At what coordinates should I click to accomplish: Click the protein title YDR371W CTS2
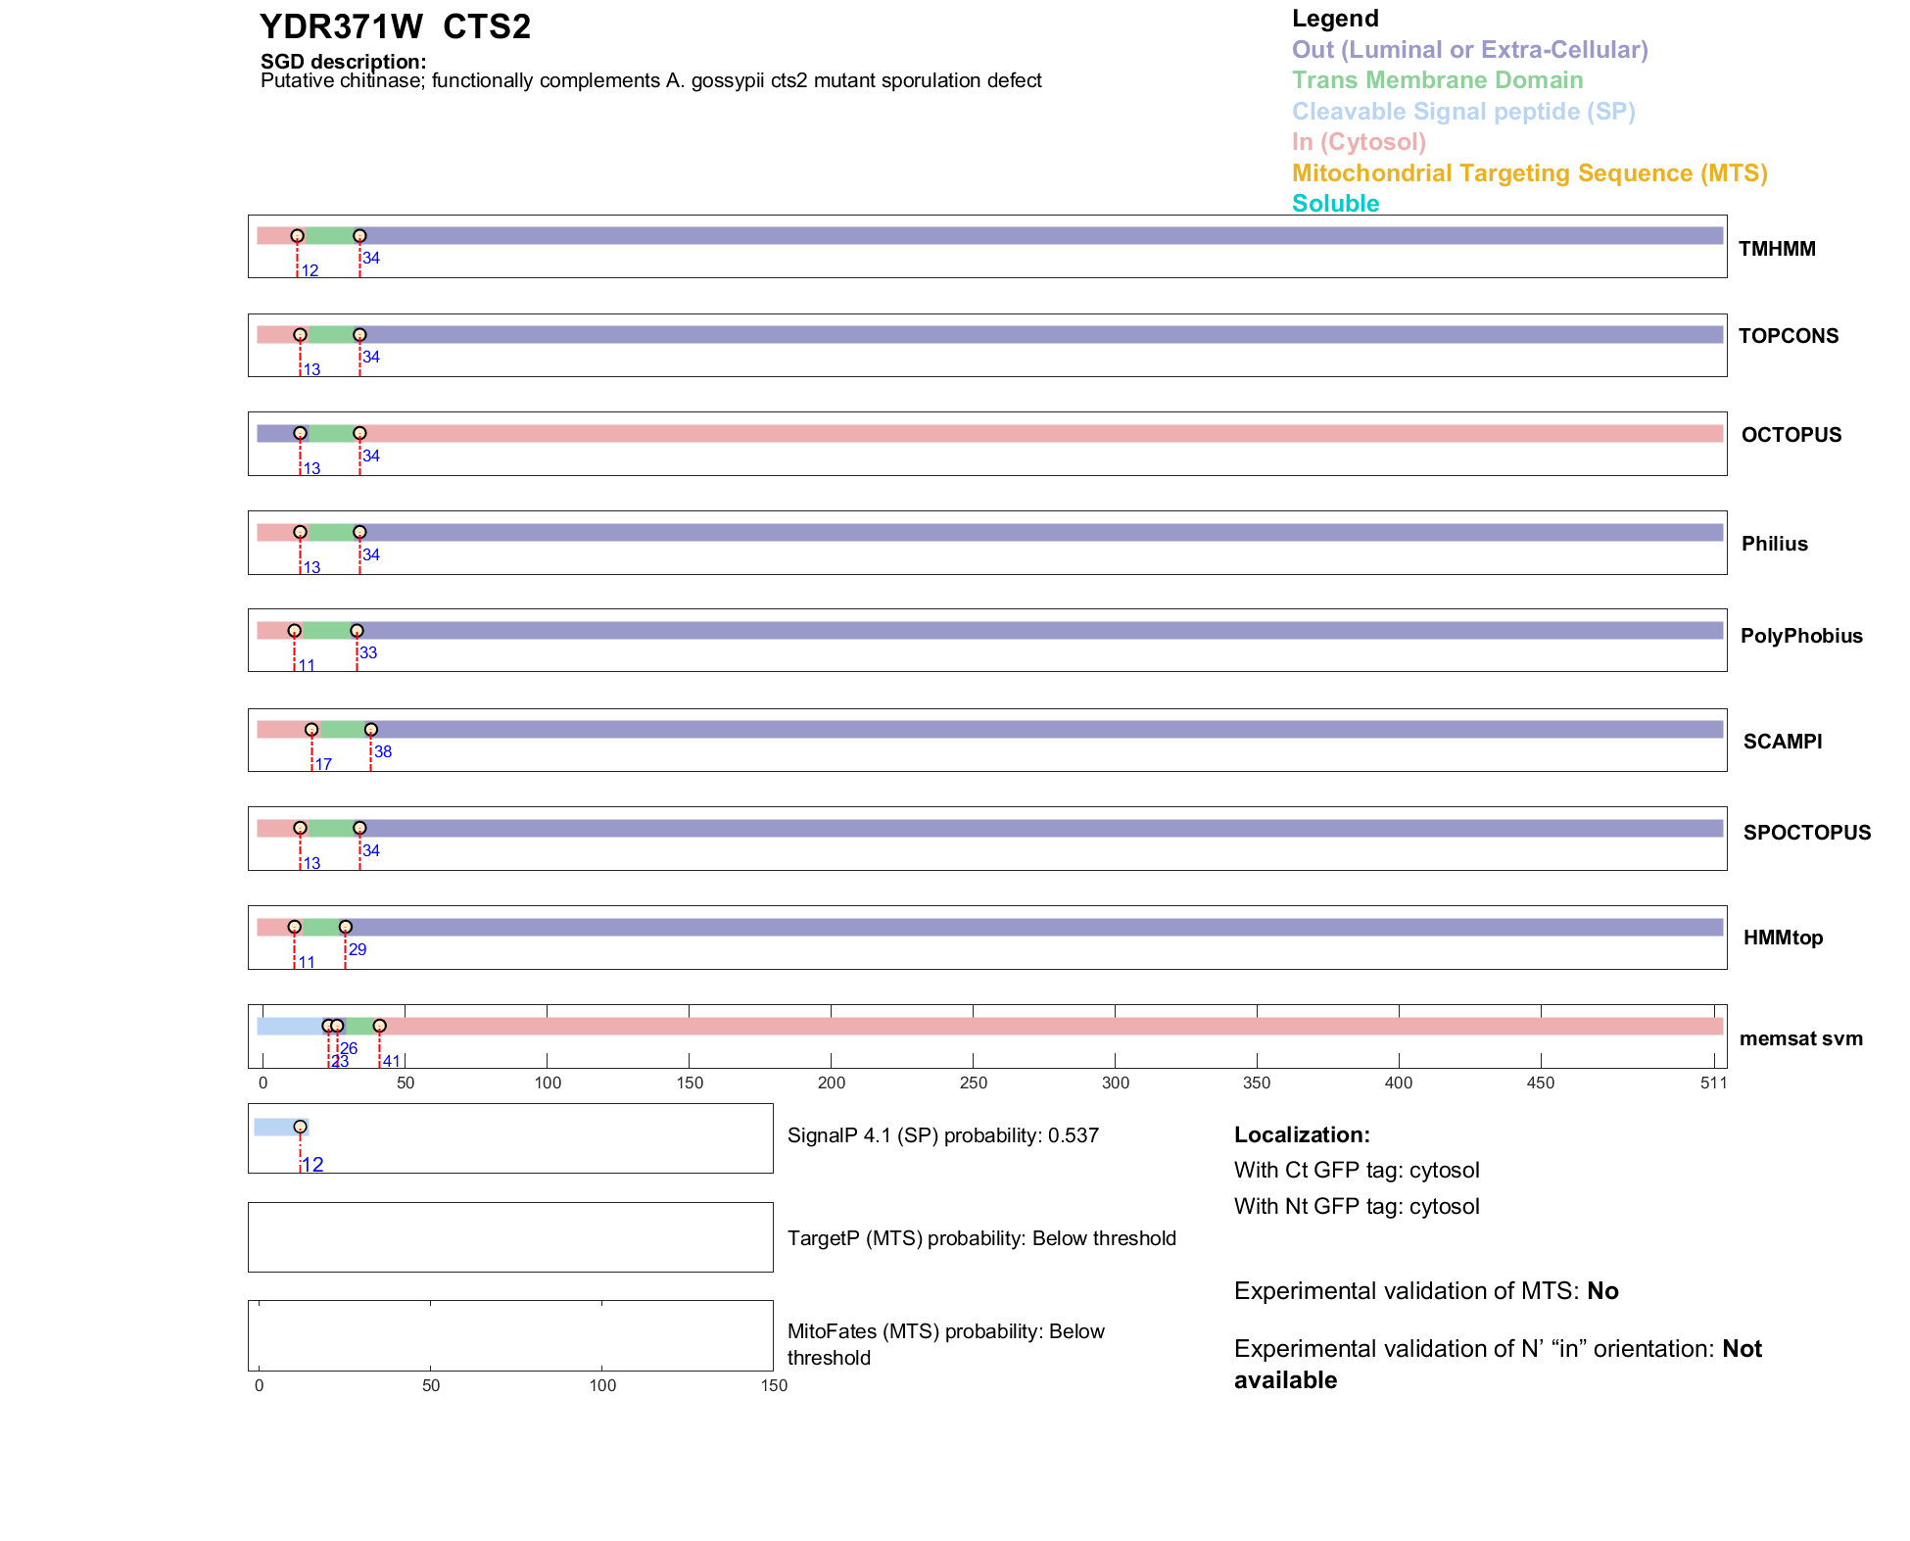click(x=395, y=26)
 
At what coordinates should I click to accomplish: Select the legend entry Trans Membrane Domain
click(x=1437, y=80)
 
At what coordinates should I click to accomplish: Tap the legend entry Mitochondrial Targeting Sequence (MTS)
click(x=1529, y=173)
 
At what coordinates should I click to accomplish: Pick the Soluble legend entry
click(x=1335, y=204)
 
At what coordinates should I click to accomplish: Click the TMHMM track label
click(x=1776, y=249)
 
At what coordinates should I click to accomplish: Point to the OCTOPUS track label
click(x=1791, y=435)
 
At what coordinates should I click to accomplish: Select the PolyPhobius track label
click(x=1800, y=636)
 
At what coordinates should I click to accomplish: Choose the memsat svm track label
click(x=1800, y=1038)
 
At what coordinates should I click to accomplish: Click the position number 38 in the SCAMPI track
click(x=383, y=752)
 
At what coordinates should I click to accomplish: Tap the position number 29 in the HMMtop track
click(x=358, y=949)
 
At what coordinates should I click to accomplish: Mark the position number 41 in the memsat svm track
click(x=391, y=1061)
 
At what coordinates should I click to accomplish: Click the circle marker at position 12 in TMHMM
click(x=297, y=236)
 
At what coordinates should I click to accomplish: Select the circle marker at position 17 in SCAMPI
click(x=311, y=730)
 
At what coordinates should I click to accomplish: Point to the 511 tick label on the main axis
click(x=1713, y=1083)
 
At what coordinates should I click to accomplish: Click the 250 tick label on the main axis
click(x=973, y=1083)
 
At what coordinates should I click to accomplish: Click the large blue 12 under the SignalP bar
click(x=312, y=1165)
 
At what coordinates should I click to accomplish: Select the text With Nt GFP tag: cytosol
click(x=1356, y=1206)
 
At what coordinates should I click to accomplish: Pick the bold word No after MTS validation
click(x=1602, y=1291)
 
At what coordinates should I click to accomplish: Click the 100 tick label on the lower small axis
click(x=602, y=1385)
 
